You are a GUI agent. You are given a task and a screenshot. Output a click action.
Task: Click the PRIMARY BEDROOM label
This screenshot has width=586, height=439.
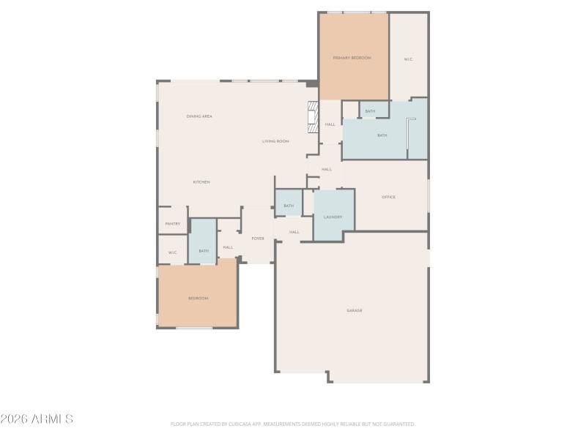coord(352,58)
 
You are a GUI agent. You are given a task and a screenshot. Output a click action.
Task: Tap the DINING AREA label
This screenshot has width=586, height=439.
coord(199,116)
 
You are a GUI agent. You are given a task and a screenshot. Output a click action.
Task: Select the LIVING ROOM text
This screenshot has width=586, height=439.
coord(276,141)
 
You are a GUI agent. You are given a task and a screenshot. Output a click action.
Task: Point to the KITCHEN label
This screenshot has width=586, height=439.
coord(201,181)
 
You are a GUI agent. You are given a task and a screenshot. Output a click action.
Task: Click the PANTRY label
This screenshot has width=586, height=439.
coord(173,224)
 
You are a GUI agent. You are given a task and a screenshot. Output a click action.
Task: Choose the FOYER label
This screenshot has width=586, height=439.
coord(258,239)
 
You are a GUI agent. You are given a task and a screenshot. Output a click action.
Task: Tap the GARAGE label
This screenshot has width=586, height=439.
coord(355,310)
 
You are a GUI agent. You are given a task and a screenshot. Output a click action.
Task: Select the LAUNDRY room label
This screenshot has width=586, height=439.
coord(333,217)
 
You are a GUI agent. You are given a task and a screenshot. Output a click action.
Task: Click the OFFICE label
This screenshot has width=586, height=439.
coord(388,197)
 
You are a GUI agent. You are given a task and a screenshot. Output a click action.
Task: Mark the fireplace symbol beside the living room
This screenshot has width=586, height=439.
coord(313,117)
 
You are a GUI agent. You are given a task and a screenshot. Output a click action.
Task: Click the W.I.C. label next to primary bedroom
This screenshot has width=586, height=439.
coord(409,59)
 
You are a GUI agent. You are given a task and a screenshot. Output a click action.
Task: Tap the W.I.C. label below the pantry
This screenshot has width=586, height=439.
coord(173,253)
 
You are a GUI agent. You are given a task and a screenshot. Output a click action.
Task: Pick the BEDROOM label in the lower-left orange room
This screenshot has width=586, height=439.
coord(198,299)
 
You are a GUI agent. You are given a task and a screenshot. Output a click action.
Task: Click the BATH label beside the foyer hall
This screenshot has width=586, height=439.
coord(203,251)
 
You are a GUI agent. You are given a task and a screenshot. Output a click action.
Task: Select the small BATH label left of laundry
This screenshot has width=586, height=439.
coord(289,206)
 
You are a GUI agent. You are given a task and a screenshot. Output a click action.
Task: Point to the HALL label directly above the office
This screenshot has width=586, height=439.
coord(327,169)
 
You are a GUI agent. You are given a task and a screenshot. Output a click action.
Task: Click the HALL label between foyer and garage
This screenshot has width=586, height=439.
coord(294,232)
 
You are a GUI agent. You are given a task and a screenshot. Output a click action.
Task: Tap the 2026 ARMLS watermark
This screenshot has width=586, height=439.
coord(37,419)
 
